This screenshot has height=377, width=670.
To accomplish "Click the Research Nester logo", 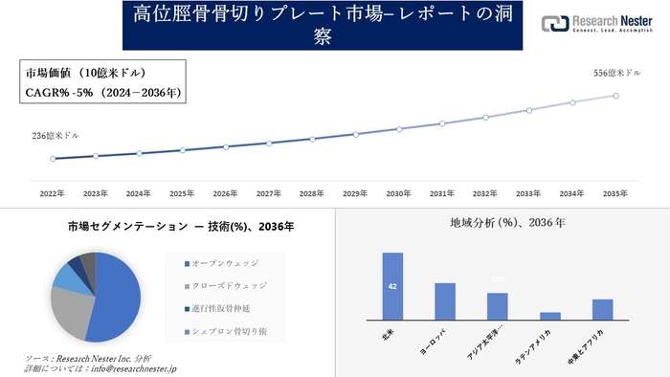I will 597,24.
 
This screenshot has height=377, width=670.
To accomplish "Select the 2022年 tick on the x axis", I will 52,193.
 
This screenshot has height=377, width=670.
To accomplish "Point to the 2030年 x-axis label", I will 399,193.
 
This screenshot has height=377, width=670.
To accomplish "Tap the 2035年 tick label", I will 615,193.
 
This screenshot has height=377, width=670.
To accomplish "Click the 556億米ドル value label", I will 615,73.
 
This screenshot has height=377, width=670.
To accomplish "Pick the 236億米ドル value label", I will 53,136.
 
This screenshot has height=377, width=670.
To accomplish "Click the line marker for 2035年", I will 615,95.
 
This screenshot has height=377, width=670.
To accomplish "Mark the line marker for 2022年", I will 53,159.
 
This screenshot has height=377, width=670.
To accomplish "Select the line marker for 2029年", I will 356,135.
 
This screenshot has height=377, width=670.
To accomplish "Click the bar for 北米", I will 392,286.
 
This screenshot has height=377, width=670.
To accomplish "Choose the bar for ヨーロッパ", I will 445,301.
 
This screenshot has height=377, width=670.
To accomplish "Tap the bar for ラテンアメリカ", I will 550,316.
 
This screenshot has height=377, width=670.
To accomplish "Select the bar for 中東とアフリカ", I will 602,309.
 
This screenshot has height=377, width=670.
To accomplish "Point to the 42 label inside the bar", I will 392,286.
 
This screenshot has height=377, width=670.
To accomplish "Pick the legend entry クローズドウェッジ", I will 230,285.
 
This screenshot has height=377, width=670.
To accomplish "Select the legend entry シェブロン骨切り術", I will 230,331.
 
